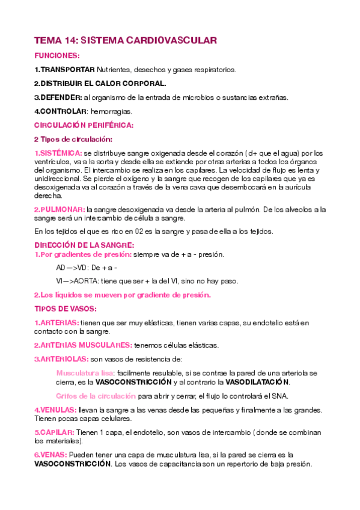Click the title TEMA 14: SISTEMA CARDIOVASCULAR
tap(125, 40)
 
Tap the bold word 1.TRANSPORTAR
tap(64, 70)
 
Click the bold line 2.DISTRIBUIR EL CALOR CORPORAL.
tap(100, 84)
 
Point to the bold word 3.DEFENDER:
tap(58, 97)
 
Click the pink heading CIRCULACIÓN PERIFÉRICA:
tap(84, 125)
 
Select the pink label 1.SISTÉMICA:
tap(58, 153)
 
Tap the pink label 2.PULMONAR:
tap(59, 209)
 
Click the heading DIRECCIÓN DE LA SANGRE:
tap(84, 245)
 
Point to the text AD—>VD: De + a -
tap(87, 268)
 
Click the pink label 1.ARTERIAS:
tap(56, 323)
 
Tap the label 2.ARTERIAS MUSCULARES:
tap(83, 345)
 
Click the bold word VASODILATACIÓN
tap(257, 382)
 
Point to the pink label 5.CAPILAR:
tap(54, 432)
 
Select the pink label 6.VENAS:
tap(50, 455)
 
